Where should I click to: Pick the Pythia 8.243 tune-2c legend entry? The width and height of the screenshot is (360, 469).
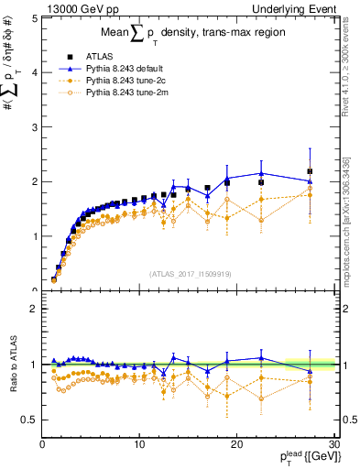pos(119,79)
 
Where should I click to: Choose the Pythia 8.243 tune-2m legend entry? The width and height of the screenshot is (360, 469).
pos(119,91)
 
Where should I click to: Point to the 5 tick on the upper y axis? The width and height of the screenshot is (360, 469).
pos(34,17)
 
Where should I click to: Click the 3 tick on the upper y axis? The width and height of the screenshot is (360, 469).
pos(34,126)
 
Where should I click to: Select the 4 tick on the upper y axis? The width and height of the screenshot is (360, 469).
pos(34,72)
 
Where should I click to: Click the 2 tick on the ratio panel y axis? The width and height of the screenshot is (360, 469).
pos(34,309)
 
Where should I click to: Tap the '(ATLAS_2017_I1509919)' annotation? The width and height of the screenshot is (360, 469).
pos(188,273)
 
